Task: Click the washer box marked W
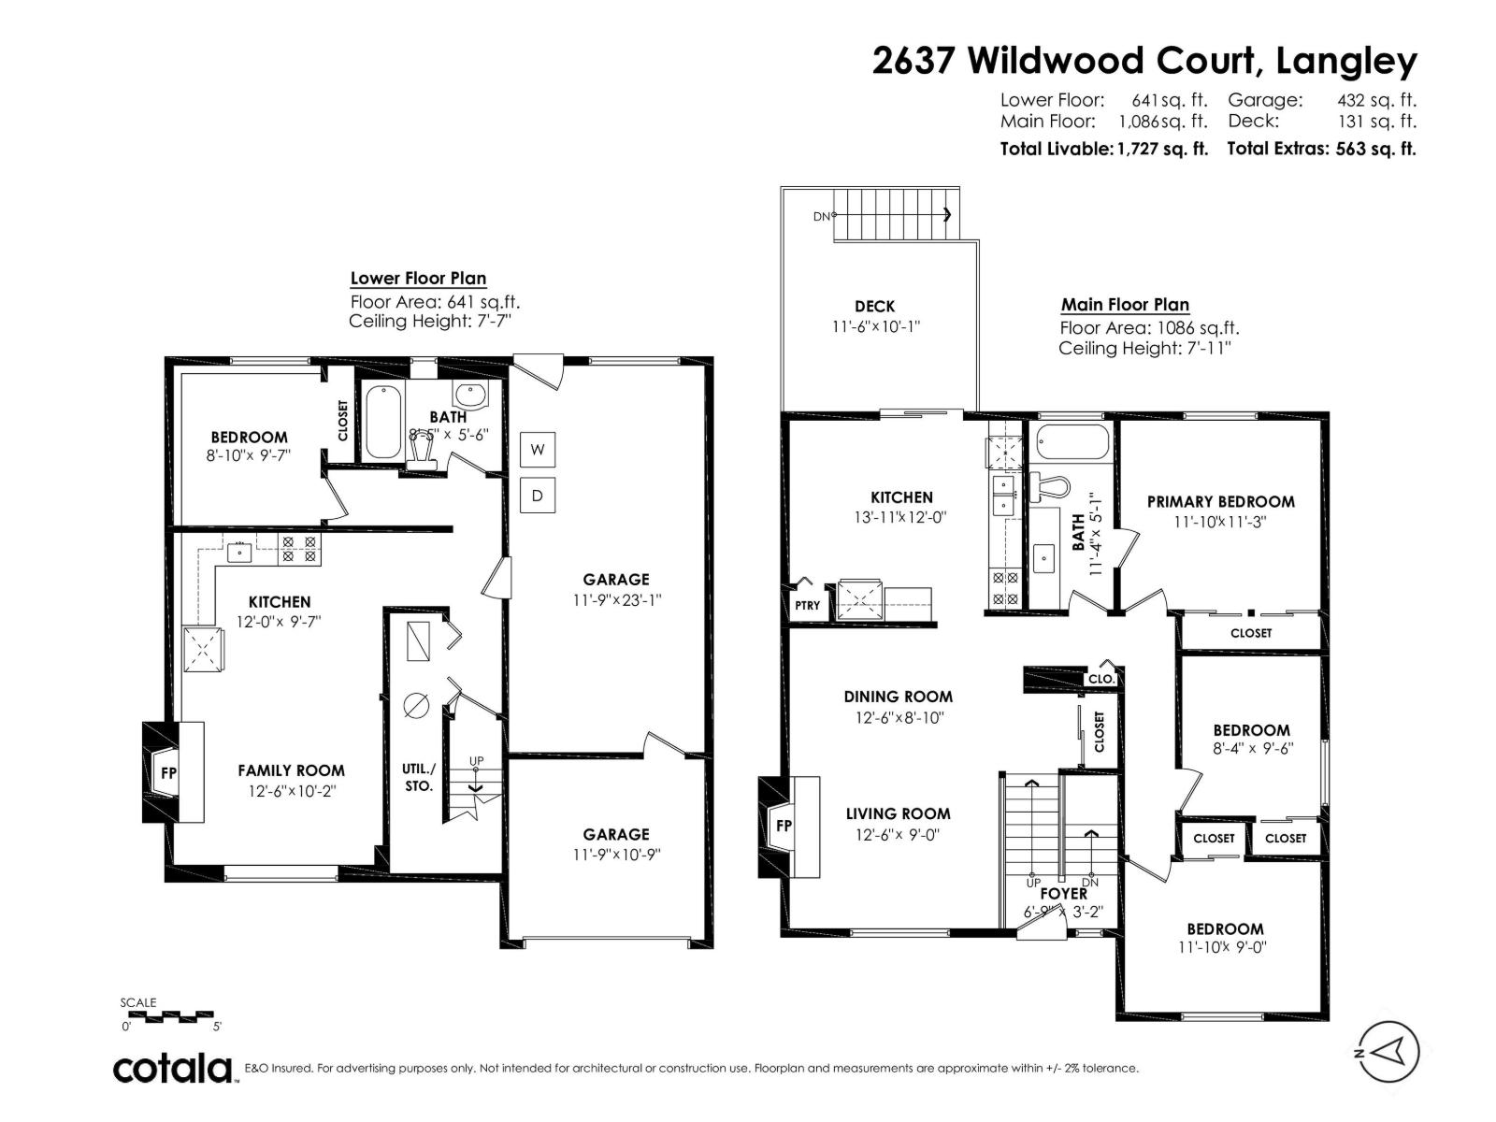click(538, 450)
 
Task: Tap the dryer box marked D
click(538, 495)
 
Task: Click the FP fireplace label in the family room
click(169, 772)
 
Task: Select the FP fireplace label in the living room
click(784, 826)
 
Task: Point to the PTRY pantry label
click(807, 605)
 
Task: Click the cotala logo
click(174, 1068)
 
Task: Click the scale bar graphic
click(170, 1014)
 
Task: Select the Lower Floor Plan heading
click(418, 278)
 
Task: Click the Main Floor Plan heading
click(1125, 304)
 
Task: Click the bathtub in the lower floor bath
click(381, 423)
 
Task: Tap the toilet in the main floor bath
click(1055, 486)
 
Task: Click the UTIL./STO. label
click(419, 777)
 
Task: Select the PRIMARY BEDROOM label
click(1220, 501)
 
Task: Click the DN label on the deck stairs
click(821, 216)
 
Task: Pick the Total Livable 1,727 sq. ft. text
click(1103, 149)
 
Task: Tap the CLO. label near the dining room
click(1100, 679)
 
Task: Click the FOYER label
click(1063, 894)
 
